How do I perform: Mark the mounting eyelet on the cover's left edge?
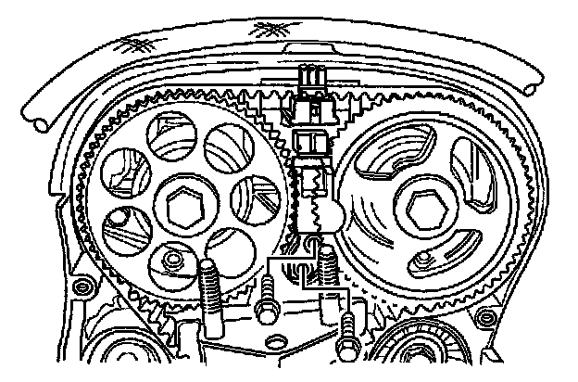pyautogui.click(x=78, y=284)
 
